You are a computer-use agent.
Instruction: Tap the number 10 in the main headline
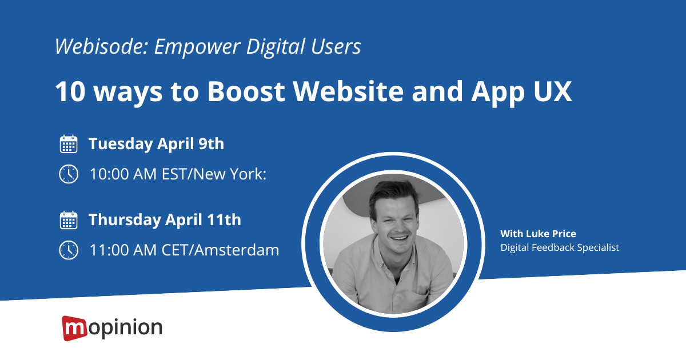70,91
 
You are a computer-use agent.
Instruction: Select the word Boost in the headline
246,91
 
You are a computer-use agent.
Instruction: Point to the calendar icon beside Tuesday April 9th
69,143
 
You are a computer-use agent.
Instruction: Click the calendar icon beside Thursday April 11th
69,220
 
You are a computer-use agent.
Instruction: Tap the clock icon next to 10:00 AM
69,174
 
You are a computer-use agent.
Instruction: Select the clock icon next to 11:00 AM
69,250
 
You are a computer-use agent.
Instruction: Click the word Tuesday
121,144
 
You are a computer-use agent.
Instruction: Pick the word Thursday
125,220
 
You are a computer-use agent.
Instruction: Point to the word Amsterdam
237,250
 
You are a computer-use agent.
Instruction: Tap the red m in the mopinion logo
74,329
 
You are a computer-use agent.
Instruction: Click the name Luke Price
551,234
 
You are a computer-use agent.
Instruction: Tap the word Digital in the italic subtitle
276,47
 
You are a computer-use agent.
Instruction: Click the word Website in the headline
349,91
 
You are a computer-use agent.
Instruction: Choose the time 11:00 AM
123,250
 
